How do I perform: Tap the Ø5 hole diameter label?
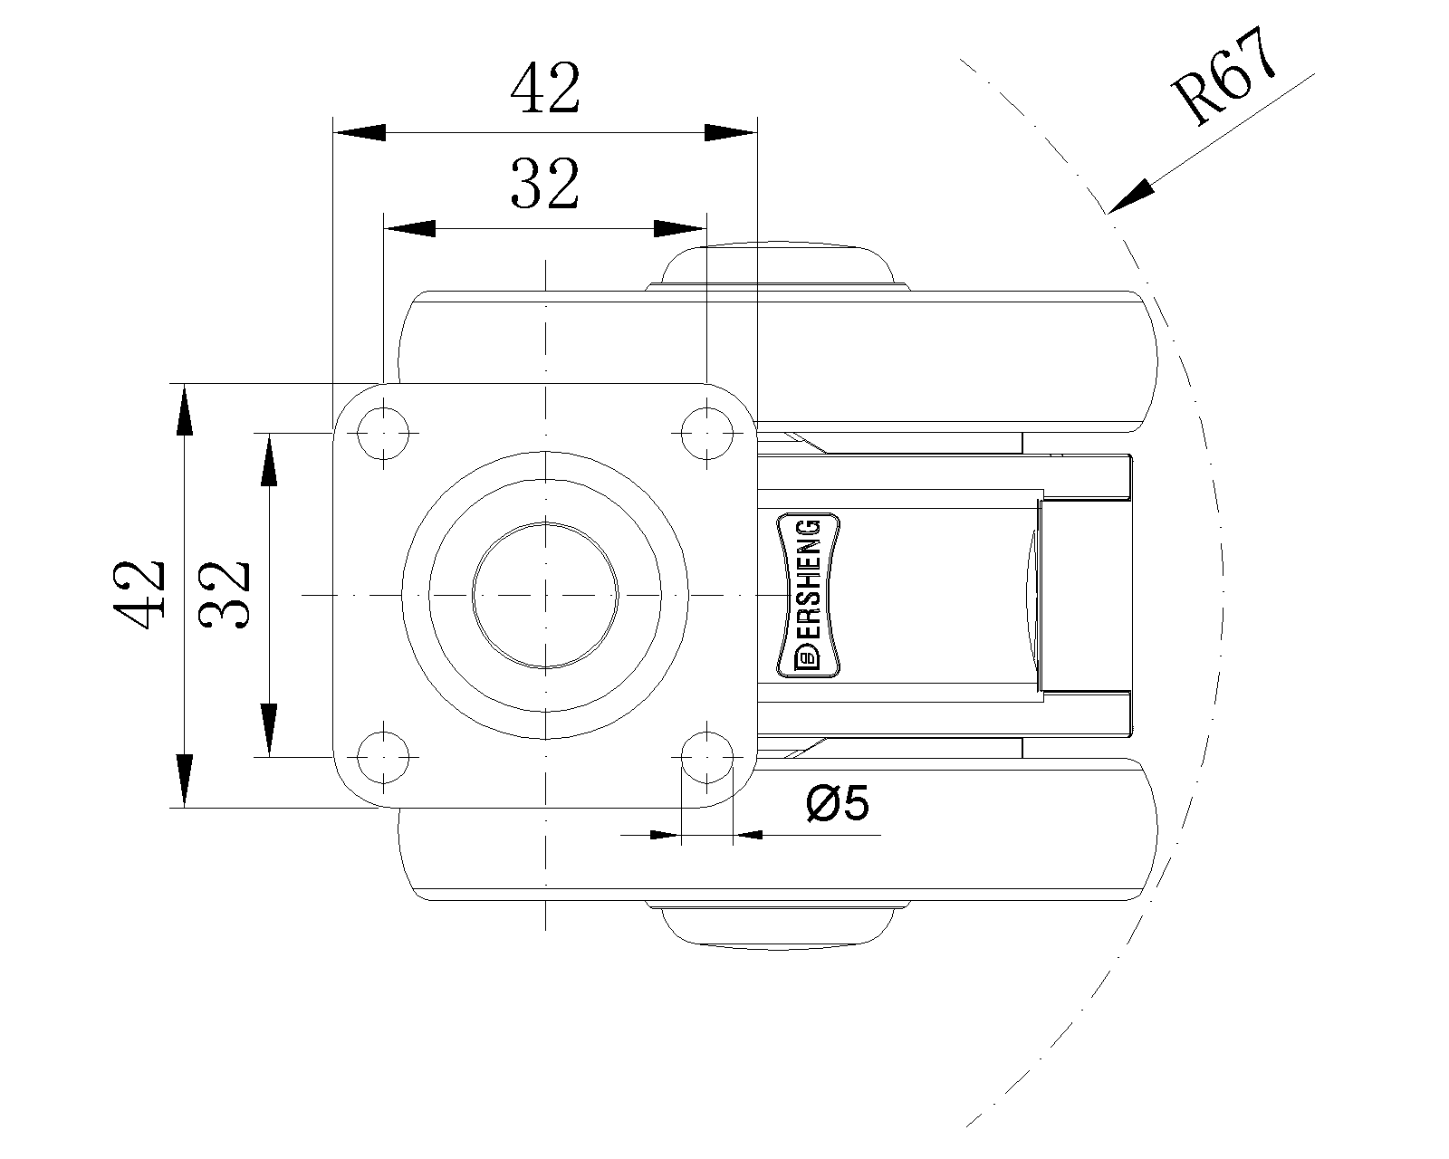837,802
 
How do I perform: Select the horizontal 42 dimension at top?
544,90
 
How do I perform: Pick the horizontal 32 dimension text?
544,183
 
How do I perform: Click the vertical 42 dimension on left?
139,594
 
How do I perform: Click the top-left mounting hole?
384,433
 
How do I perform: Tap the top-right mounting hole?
705,433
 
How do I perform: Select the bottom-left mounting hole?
384,755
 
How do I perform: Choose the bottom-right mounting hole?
705,755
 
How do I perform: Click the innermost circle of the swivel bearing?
545,595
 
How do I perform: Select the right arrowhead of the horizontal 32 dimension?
680,227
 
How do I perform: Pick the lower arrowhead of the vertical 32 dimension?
268,730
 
